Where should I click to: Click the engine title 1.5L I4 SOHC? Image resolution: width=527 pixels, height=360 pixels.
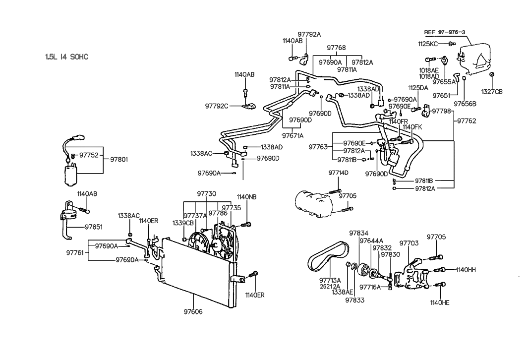(66, 57)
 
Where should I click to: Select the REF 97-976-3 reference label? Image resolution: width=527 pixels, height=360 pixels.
(444, 32)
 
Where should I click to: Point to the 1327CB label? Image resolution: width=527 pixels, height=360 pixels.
(492, 91)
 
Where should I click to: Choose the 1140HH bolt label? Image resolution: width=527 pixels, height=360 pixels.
(466, 270)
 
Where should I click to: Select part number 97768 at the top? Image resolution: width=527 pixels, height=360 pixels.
(336, 48)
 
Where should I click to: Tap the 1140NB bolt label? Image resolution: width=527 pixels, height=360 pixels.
(246, 197)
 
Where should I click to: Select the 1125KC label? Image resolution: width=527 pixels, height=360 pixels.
(428, 44)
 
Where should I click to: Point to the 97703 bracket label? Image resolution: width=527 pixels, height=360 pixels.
(409, 243)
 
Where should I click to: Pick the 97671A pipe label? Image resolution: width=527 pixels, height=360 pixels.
(293, 135)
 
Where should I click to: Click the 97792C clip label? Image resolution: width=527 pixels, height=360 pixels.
(217, 106)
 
